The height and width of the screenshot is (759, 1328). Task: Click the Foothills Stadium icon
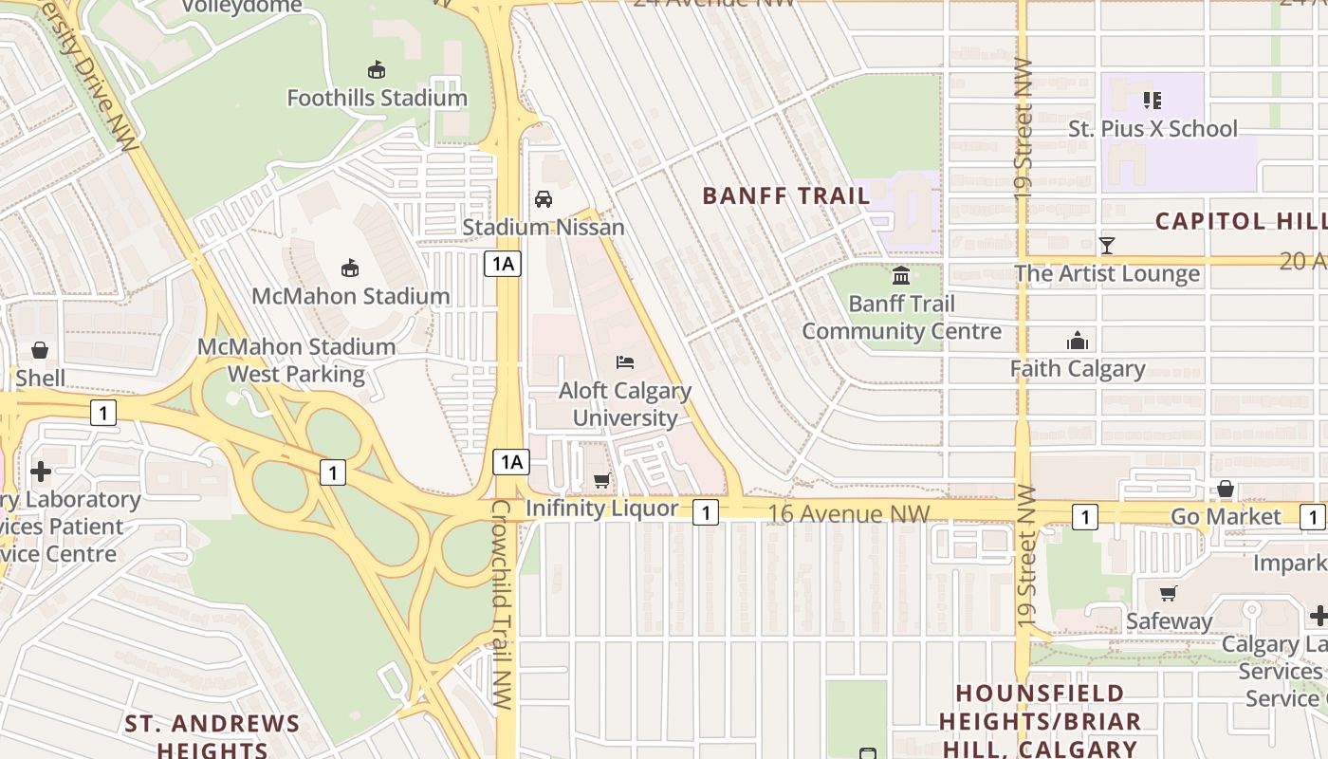(x=377, y=69)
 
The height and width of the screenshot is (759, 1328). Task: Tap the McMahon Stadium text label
(x=350, y=296)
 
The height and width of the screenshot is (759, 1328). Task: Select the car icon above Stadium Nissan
(x=544, y=198)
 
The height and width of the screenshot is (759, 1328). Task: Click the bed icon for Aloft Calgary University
(x=625, y=361)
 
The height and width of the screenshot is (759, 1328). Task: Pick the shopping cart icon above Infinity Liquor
(x=602, y=480)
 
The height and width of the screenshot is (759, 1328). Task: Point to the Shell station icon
(x=40, y=350)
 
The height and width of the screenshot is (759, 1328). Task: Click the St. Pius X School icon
(x=1153, y=100)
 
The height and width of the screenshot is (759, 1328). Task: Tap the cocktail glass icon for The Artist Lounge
(x=1106, y=246)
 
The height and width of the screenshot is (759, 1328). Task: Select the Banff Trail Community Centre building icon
(x=901, y=275)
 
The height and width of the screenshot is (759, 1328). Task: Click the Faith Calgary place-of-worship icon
(x=1078, y=341)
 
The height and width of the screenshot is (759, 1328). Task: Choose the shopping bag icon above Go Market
(x=1226, y=489)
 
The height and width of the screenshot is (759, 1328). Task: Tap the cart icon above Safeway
(x=1169, y=593)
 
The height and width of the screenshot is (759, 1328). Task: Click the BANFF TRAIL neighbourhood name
(x=785, y=196)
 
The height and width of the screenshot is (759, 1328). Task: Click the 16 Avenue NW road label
(x=849, y=513)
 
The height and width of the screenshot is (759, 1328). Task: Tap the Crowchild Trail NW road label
(x=502, y=603)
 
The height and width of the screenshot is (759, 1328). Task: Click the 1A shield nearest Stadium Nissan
(x=503, y=264)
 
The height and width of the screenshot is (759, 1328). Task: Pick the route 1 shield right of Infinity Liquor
(x=705, y=512)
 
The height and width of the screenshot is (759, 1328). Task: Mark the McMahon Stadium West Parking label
(x=296, y=361)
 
